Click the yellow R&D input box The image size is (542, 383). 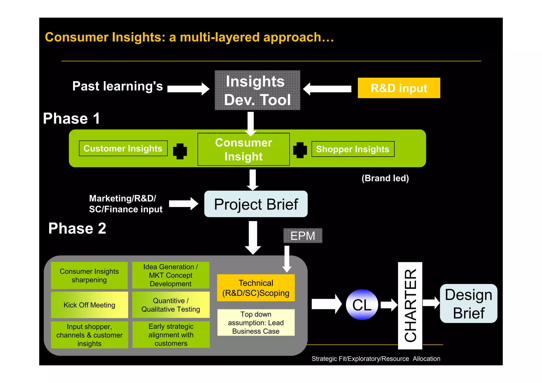click(x=399, y=88)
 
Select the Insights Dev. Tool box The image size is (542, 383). click(x=257, y=90)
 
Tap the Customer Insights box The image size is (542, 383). click(x=123, y=148)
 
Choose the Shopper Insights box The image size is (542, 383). click(x=353, y=149)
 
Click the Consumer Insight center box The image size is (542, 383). click(x=243, y=150)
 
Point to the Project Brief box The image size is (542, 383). click(x=256, y=204)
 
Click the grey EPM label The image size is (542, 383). click(x=302, y=236)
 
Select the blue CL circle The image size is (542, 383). click(x=362, y=305)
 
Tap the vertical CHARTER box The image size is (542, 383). click(x=410, y=305)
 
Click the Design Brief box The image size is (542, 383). click(x=468, y=304)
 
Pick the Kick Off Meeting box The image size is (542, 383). click(x=89, y=305)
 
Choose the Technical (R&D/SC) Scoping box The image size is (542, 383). click(x=256, y=288)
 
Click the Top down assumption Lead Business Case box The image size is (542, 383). click(x=256, y=323)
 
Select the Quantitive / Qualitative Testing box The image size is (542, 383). click(x=171, y=305)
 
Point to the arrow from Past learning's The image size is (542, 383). click(x=188, y=89)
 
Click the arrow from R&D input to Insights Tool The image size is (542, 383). click(x=327, y=89)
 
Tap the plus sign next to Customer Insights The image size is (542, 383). click(x=180, y=151)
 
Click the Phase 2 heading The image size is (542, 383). click(x=77, y=228)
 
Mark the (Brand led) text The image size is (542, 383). click(x=385, y=178)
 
